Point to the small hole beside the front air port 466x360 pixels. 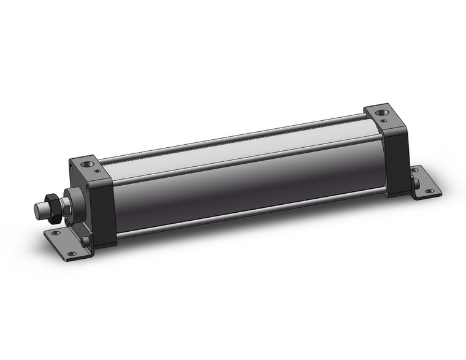point(97,170)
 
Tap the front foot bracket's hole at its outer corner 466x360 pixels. point(72,254)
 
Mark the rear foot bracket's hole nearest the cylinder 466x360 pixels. point(416,169)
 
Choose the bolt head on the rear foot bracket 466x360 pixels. point(417,182)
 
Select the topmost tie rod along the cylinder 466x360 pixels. point(233,136)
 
